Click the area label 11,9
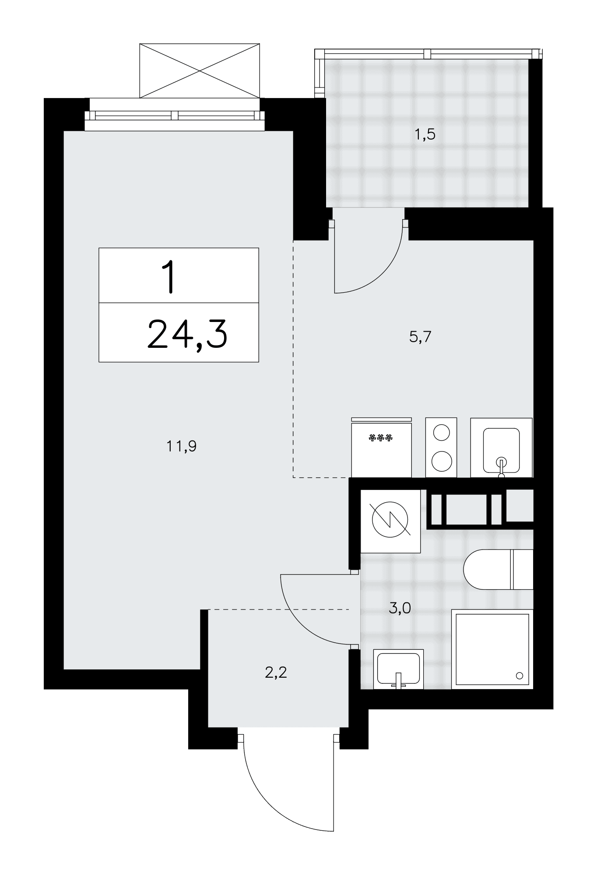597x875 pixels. [x=181, y=447]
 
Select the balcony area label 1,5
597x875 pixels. [x=425, y=134]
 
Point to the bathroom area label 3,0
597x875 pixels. [x=400, y=608]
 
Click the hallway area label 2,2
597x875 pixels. [x=276, y=672]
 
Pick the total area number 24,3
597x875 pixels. [x=187, y=334]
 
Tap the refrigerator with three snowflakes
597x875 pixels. [x=381, y=447]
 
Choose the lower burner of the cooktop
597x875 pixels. [x=441, y=461]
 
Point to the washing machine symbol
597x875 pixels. [x=390, y=520]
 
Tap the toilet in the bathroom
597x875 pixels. [x=499, y=569]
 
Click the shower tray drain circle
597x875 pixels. [x=520, y=675]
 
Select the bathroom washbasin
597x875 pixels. [x=398, y=669]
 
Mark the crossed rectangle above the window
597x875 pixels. [x=200, y=70]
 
